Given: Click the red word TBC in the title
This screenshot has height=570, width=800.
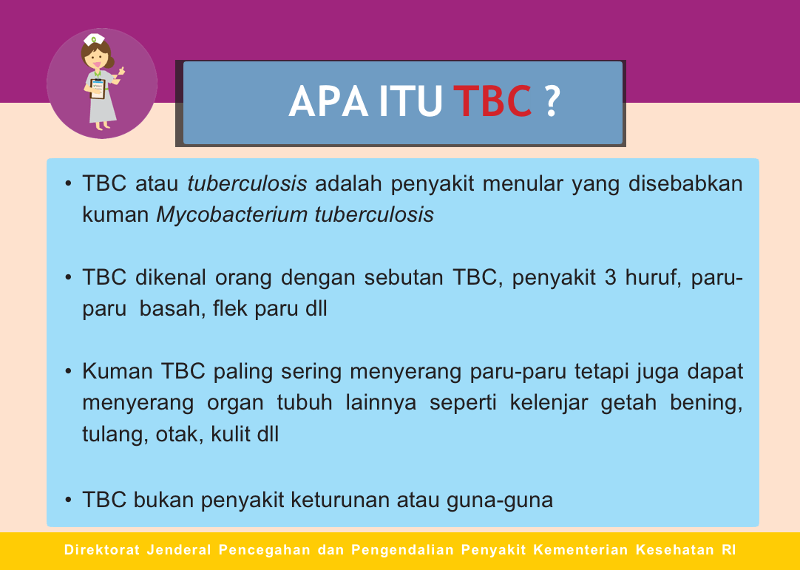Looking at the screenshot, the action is point(492,101).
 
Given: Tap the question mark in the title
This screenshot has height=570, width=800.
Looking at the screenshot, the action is point(552,101).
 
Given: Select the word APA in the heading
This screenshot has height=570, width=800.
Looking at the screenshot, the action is point(328,101).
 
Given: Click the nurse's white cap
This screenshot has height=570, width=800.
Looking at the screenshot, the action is point(95,39).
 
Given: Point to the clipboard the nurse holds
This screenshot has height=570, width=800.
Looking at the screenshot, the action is point(98,89).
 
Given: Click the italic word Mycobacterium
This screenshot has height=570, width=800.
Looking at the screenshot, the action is point(231,215).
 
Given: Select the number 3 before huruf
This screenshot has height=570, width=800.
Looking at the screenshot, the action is point(611,277).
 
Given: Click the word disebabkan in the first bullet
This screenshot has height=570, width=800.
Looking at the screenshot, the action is point(685,183).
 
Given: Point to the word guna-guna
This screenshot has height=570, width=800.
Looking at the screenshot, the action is point(500,501).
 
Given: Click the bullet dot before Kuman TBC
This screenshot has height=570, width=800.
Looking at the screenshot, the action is point(68,371).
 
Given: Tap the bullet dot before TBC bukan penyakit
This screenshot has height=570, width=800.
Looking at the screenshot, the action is point(68,500).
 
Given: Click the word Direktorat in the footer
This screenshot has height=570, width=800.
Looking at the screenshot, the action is point(102,550).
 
